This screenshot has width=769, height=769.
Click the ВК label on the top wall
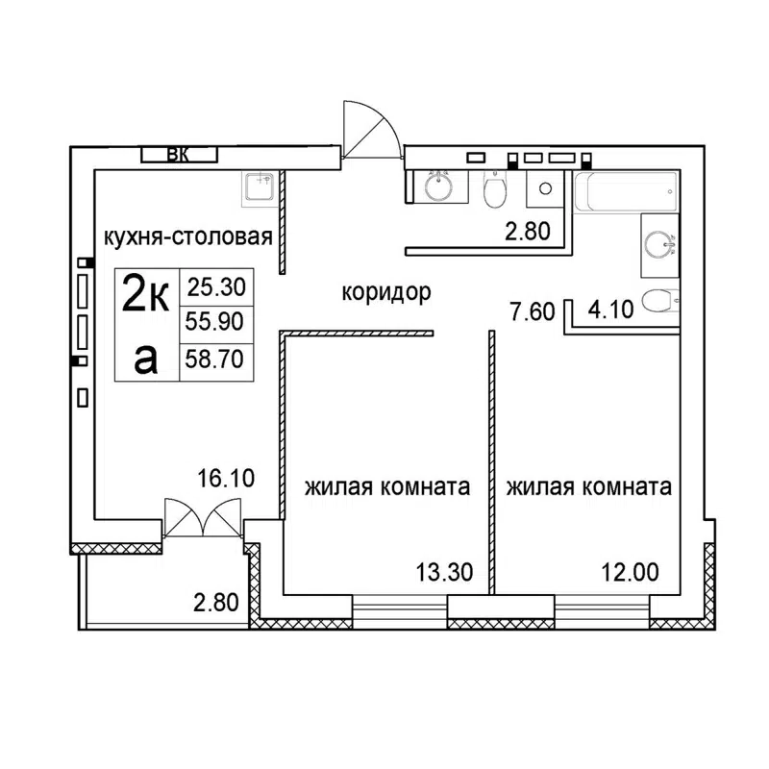click(179, 154)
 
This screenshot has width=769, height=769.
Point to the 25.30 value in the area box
click(216, 285)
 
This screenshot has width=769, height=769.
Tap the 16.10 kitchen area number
click(227, 478)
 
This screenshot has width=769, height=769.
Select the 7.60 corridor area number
click(532, 311)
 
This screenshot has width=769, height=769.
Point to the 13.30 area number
click(443, 573)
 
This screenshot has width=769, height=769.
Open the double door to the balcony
click(200, 520)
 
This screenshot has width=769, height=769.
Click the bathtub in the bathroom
click(626, 193)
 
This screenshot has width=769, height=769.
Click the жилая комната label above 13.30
click(387, 487)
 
